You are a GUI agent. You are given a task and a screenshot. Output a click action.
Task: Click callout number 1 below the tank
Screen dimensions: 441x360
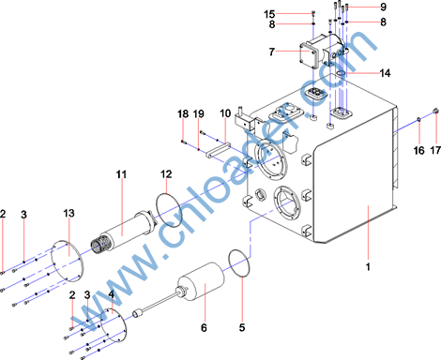pyautogui.click(x=368, y=267)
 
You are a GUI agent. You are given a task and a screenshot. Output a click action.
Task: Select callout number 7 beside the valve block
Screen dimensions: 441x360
pyautogui.click(x=272, y=52)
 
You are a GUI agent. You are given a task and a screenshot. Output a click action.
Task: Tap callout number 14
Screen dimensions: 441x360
pyautogui.click(x=385, y=73)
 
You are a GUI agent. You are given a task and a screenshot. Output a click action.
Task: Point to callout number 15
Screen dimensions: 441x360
pyautogui.click(x=269, y=14)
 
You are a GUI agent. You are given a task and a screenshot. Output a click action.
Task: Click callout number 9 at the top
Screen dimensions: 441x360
pyautogui.click(x=383, y=7)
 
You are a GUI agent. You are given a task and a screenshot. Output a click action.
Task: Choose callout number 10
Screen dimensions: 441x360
pyautogui.click(x=225, y=113)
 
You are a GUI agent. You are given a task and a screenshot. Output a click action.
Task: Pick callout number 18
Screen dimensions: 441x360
pyautogui.click(x=183, y=114)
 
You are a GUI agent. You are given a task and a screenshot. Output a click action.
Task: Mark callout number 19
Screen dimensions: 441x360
pyautogui.click(x=199, y=114)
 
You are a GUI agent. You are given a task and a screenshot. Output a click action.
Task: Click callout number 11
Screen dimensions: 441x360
pyautogui.click(x=121, y=174)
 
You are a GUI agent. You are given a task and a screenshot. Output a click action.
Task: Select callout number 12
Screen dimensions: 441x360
pyautogui.click(x=166, y=174)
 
